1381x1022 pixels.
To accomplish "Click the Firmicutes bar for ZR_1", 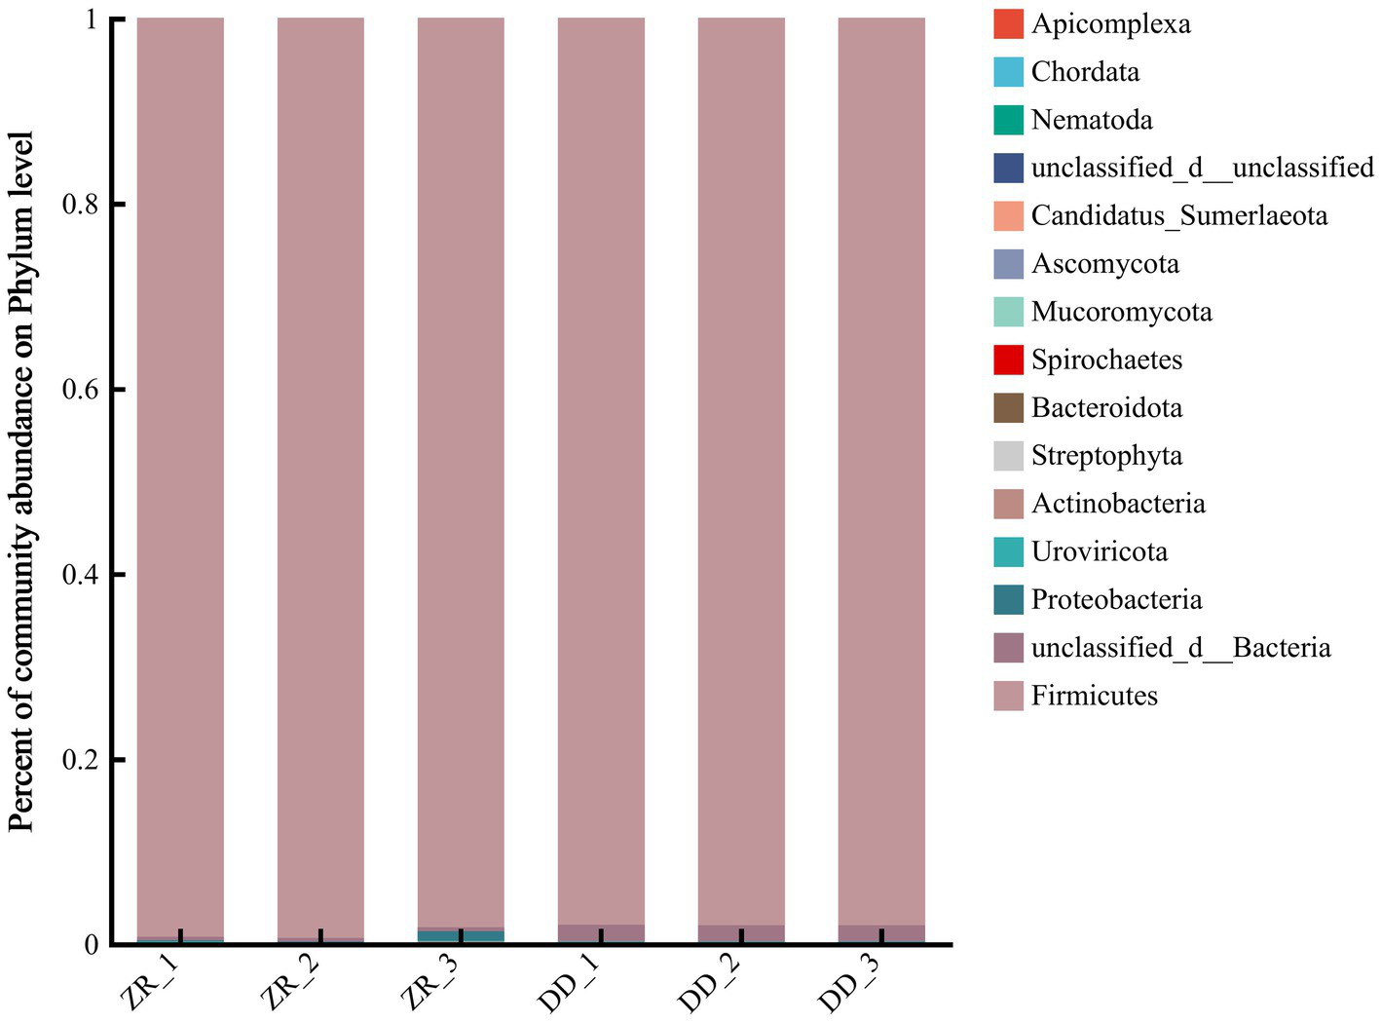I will point(180,477).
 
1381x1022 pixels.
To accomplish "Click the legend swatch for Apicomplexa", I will point(1008,24).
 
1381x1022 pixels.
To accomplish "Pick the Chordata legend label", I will point(1085,72).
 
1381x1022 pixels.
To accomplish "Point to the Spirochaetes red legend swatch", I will point(1008,360).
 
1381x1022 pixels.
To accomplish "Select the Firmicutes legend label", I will point(1094,696).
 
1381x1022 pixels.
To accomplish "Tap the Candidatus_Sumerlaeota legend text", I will point(1178,215).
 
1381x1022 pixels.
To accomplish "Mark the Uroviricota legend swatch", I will point(1008,551).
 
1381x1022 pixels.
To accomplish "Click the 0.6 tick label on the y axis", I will point(80,390).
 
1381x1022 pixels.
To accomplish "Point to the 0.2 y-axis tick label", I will point(80,760).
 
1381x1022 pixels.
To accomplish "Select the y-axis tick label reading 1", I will point(92,19).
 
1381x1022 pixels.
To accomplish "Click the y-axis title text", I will point(21,481).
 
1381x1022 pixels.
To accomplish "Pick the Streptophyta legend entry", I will point(1106,456).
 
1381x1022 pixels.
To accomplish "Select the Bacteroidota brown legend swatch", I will point(1008,407).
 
